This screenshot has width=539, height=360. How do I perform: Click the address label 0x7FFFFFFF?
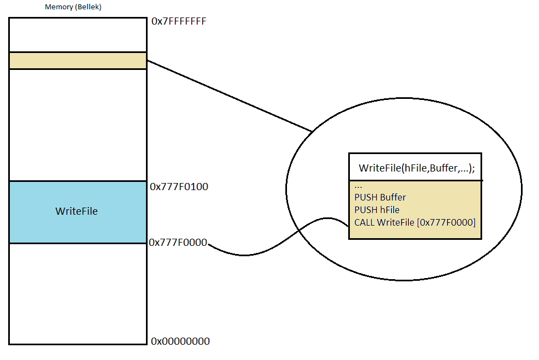coord(178,22)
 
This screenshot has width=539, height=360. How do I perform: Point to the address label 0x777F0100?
coord(179,187)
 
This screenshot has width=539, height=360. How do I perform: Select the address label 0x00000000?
coord(180,341)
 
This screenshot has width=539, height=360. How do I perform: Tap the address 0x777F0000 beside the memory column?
coord(178,243)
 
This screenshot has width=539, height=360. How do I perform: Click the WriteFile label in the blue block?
coord(77,211)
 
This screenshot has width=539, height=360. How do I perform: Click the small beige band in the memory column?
coord(78,61)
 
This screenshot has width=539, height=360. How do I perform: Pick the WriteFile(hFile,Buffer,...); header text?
coord(417,168)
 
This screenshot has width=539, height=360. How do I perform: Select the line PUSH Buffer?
coord(380,197)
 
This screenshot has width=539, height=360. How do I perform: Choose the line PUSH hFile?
coord(377,210)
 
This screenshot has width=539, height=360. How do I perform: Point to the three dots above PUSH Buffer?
coord(358,186)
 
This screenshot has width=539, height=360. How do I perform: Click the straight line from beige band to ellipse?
coord(230,96)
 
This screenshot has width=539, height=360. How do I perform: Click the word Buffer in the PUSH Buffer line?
coord(392,197)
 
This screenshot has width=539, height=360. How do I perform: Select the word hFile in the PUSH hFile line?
coord(389,210)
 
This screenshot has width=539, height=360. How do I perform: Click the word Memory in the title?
coord(57,8)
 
